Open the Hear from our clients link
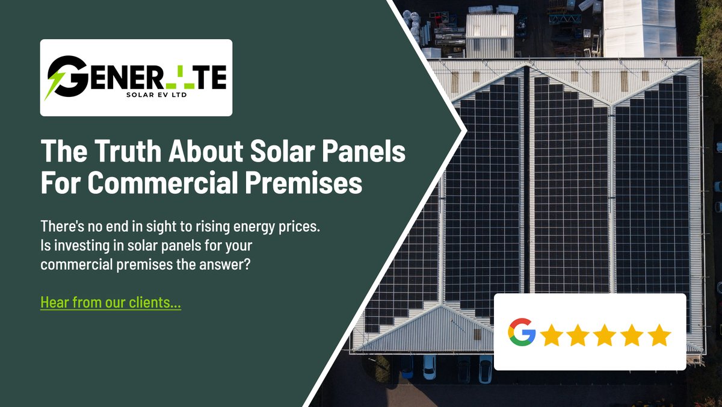(111, 302)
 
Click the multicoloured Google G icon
(522, 332)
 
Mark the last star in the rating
(659, 334)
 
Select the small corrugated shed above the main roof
(490, 34)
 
